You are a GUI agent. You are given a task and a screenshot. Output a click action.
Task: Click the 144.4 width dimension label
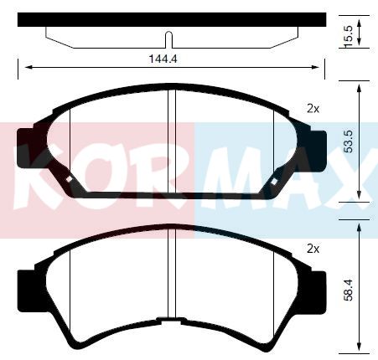(x=163, y=59)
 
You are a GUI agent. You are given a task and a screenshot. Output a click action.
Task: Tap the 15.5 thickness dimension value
(x=349, y=37)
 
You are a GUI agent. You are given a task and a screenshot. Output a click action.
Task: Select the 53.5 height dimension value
(x=349, y=141)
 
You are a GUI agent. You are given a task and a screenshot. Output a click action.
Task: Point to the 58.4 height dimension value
(x=349, y=291)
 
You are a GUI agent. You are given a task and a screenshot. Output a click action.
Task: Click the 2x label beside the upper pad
(x=313, y=109)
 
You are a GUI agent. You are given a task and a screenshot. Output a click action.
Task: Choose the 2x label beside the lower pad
(x=313, y=249)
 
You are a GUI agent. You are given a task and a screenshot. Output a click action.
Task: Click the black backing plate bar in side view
(x=172, y=19)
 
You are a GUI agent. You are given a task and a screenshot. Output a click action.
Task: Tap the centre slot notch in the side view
(x=168, y=39)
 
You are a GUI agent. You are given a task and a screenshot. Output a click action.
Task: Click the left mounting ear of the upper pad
(x=26, y=148)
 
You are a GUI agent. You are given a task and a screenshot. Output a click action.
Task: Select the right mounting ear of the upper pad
(x=318, y=151)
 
